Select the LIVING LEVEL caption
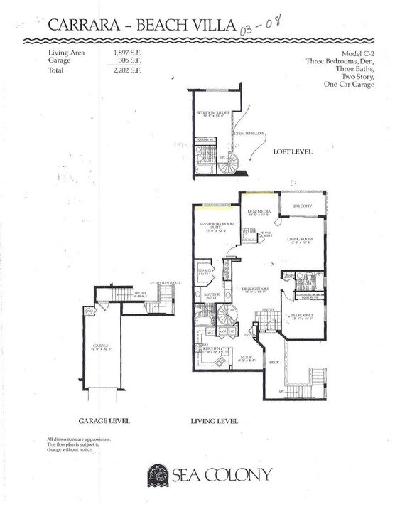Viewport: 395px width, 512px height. (x=215, y=420)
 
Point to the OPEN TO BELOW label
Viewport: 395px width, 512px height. (x=247, y=133)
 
